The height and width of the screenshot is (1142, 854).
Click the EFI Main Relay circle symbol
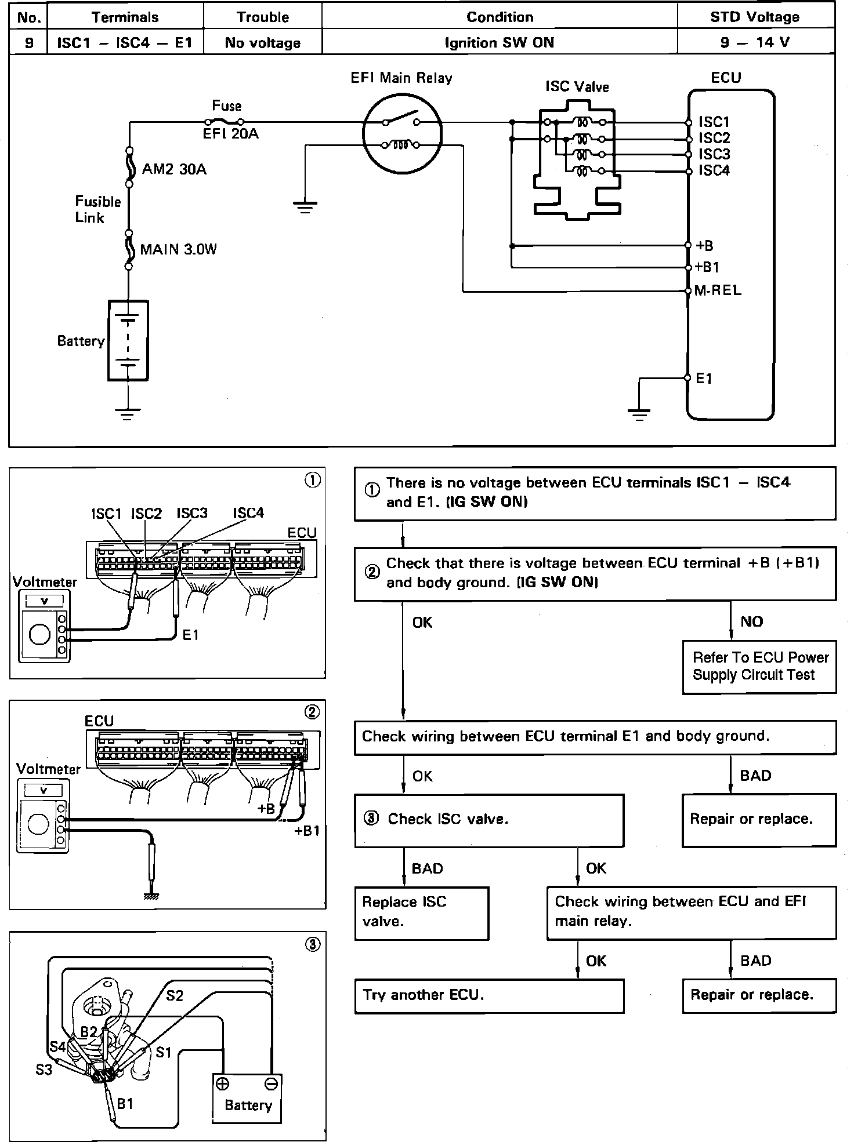[402, 133]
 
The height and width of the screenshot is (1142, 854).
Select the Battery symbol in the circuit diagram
[128, 340]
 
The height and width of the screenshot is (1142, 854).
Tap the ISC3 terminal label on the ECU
[714, 154]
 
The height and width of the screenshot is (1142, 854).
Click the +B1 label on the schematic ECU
[707, 267]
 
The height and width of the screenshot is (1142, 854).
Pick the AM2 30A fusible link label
[174, 169]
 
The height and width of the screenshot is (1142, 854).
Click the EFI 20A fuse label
[230, 134]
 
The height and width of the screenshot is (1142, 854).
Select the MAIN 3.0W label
[178, 250]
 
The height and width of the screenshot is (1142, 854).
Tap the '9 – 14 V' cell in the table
[755, 42]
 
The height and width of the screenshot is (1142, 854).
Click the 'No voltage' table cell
[262, 42]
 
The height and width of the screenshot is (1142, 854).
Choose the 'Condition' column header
[500, 17]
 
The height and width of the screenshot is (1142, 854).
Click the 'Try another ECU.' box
[489, 995]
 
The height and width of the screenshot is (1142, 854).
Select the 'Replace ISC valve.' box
[421, 912]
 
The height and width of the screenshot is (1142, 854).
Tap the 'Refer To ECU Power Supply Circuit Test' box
[759, 666]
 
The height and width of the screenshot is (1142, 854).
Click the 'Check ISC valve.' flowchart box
[489, 819]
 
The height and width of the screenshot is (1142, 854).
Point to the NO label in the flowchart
[751, 621]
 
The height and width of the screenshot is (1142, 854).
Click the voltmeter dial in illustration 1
[39, 634]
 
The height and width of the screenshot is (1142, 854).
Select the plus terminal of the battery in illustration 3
[222, 1083]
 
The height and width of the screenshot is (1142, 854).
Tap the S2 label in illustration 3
[174, 995]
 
